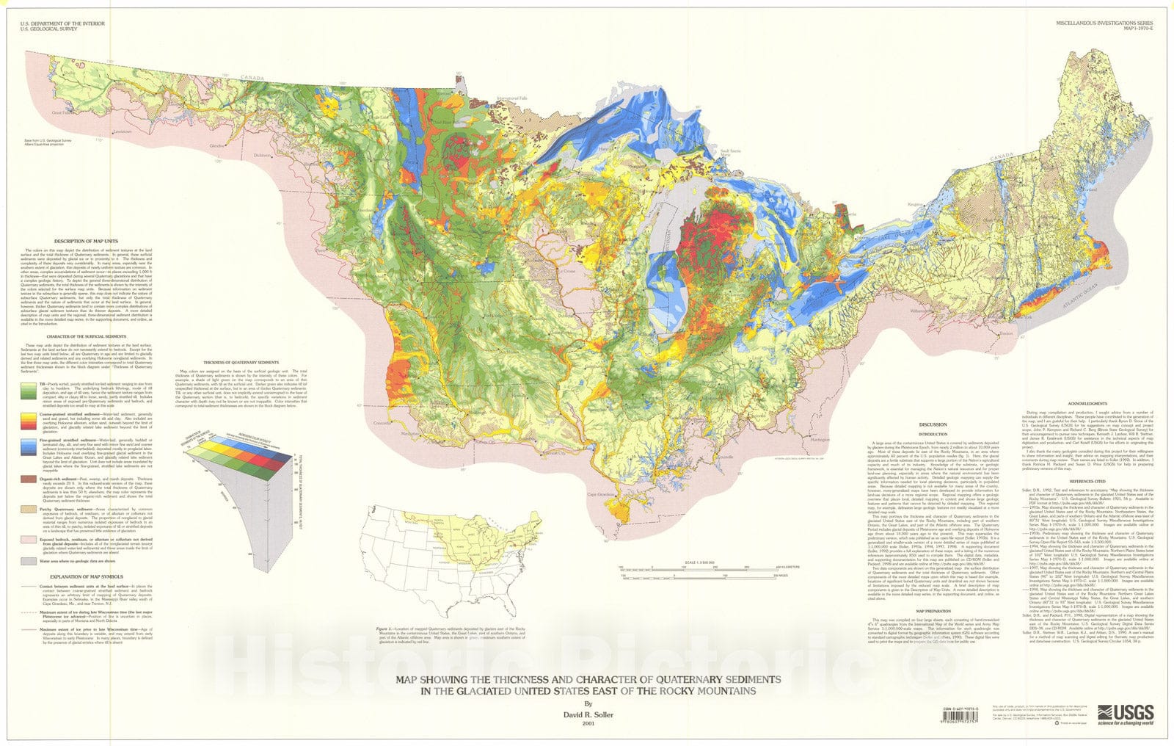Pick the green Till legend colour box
tap(28, 391)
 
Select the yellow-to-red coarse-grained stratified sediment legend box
tap(28, 420)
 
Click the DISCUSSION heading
tap(934, 424)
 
